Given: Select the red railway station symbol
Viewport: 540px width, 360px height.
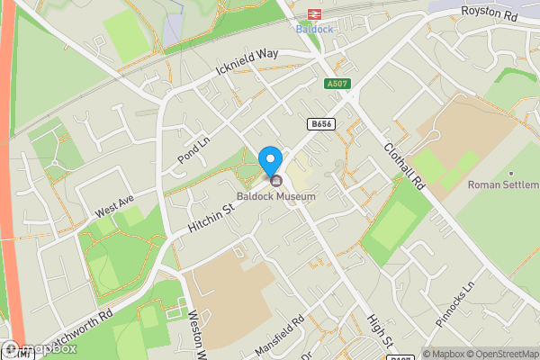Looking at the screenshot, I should [313, 13].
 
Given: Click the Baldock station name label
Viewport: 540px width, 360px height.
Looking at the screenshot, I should [313, 28].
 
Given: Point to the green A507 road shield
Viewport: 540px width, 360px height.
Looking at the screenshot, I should [337, 85].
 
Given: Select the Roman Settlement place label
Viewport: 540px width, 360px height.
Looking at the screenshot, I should [502, 185].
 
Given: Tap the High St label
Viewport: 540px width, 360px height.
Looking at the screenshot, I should [381, 331].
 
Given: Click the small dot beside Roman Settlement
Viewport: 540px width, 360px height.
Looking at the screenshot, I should [510, 173].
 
